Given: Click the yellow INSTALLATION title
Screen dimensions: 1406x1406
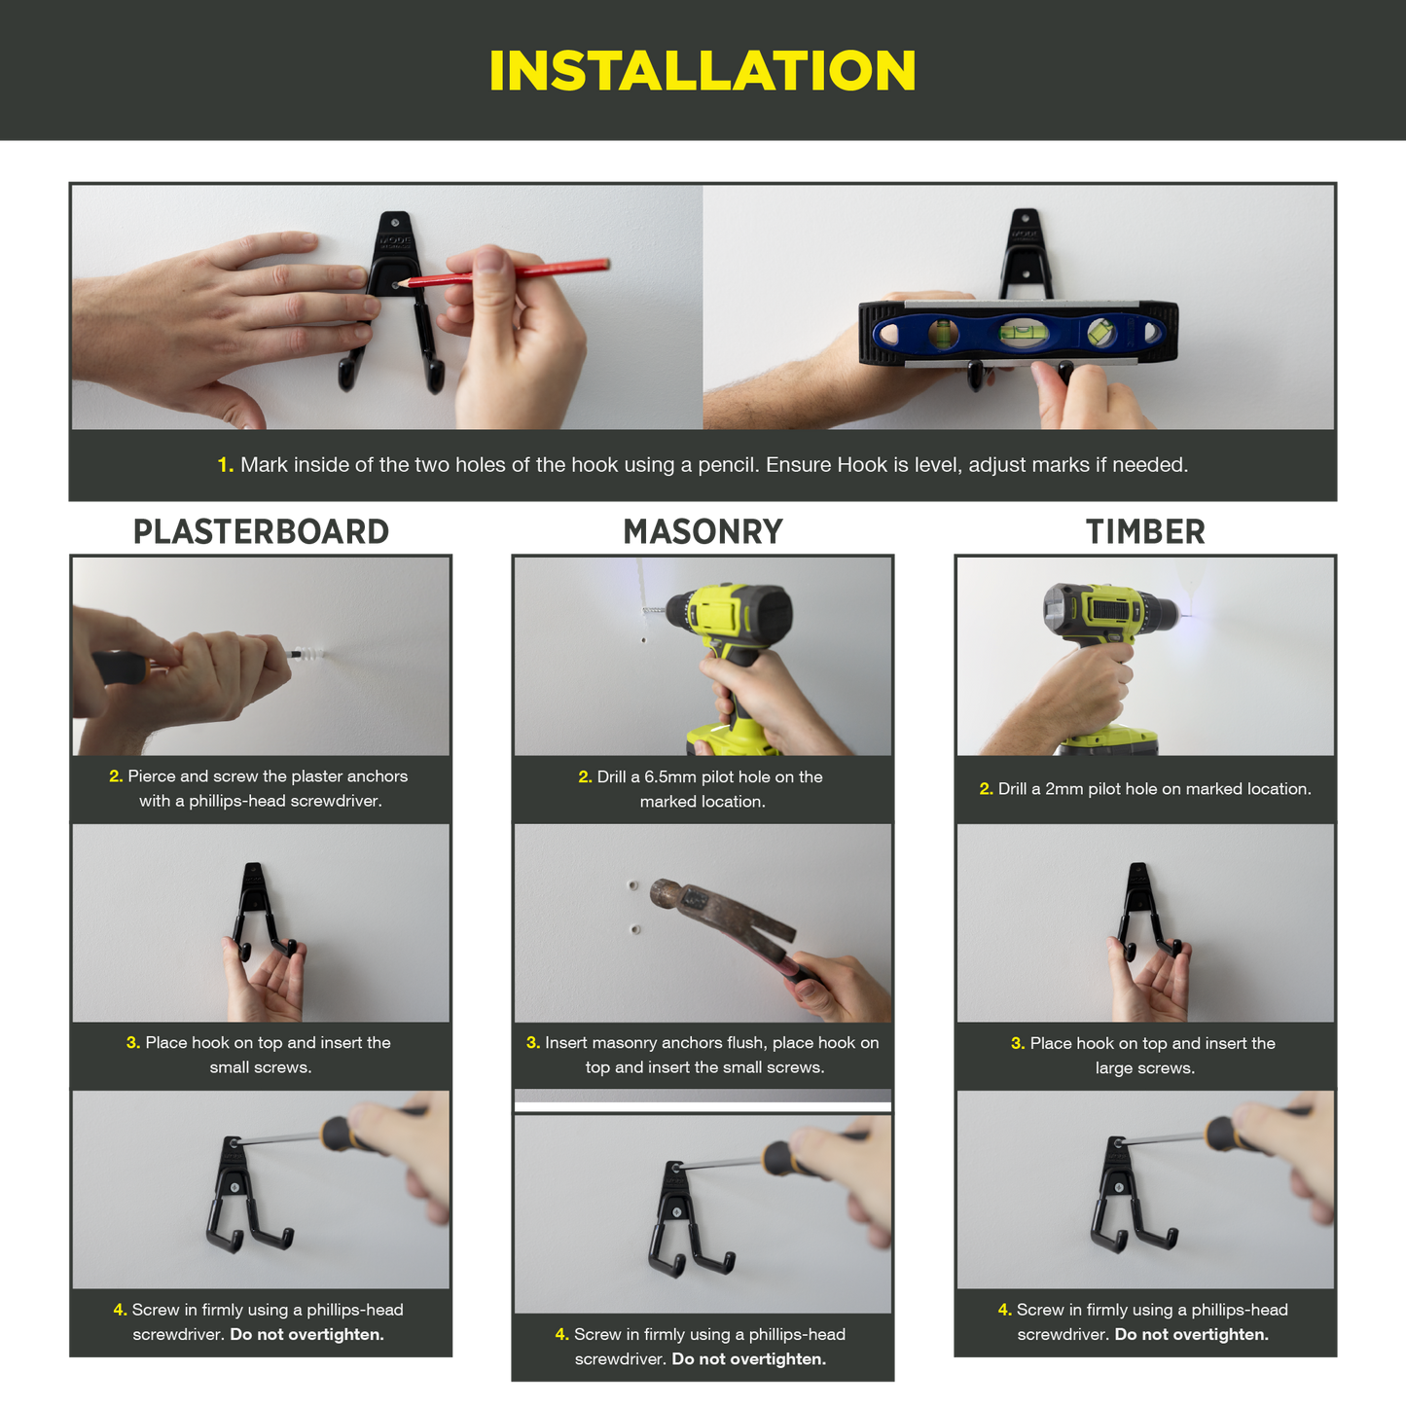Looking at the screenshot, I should click(702, 71).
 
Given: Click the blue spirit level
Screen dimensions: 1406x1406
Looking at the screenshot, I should click(1018, 333).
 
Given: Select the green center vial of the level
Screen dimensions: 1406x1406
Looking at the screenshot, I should click(1017, 332).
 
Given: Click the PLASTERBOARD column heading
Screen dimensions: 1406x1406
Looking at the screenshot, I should click(261, 531).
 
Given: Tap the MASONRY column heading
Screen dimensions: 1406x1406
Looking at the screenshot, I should click(703, 531).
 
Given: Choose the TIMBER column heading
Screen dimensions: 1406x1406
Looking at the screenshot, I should click(1145, 531).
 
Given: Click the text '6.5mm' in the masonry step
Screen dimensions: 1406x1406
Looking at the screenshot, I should click(669, 776).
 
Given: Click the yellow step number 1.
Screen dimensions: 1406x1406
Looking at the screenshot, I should click(225, 465).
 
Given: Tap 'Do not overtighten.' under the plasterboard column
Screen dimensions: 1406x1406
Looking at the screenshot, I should click(306, 1335).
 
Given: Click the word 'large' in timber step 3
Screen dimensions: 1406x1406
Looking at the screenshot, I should click(1113, 1068).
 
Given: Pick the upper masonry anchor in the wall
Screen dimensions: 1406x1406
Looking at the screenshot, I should click(632, 886).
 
